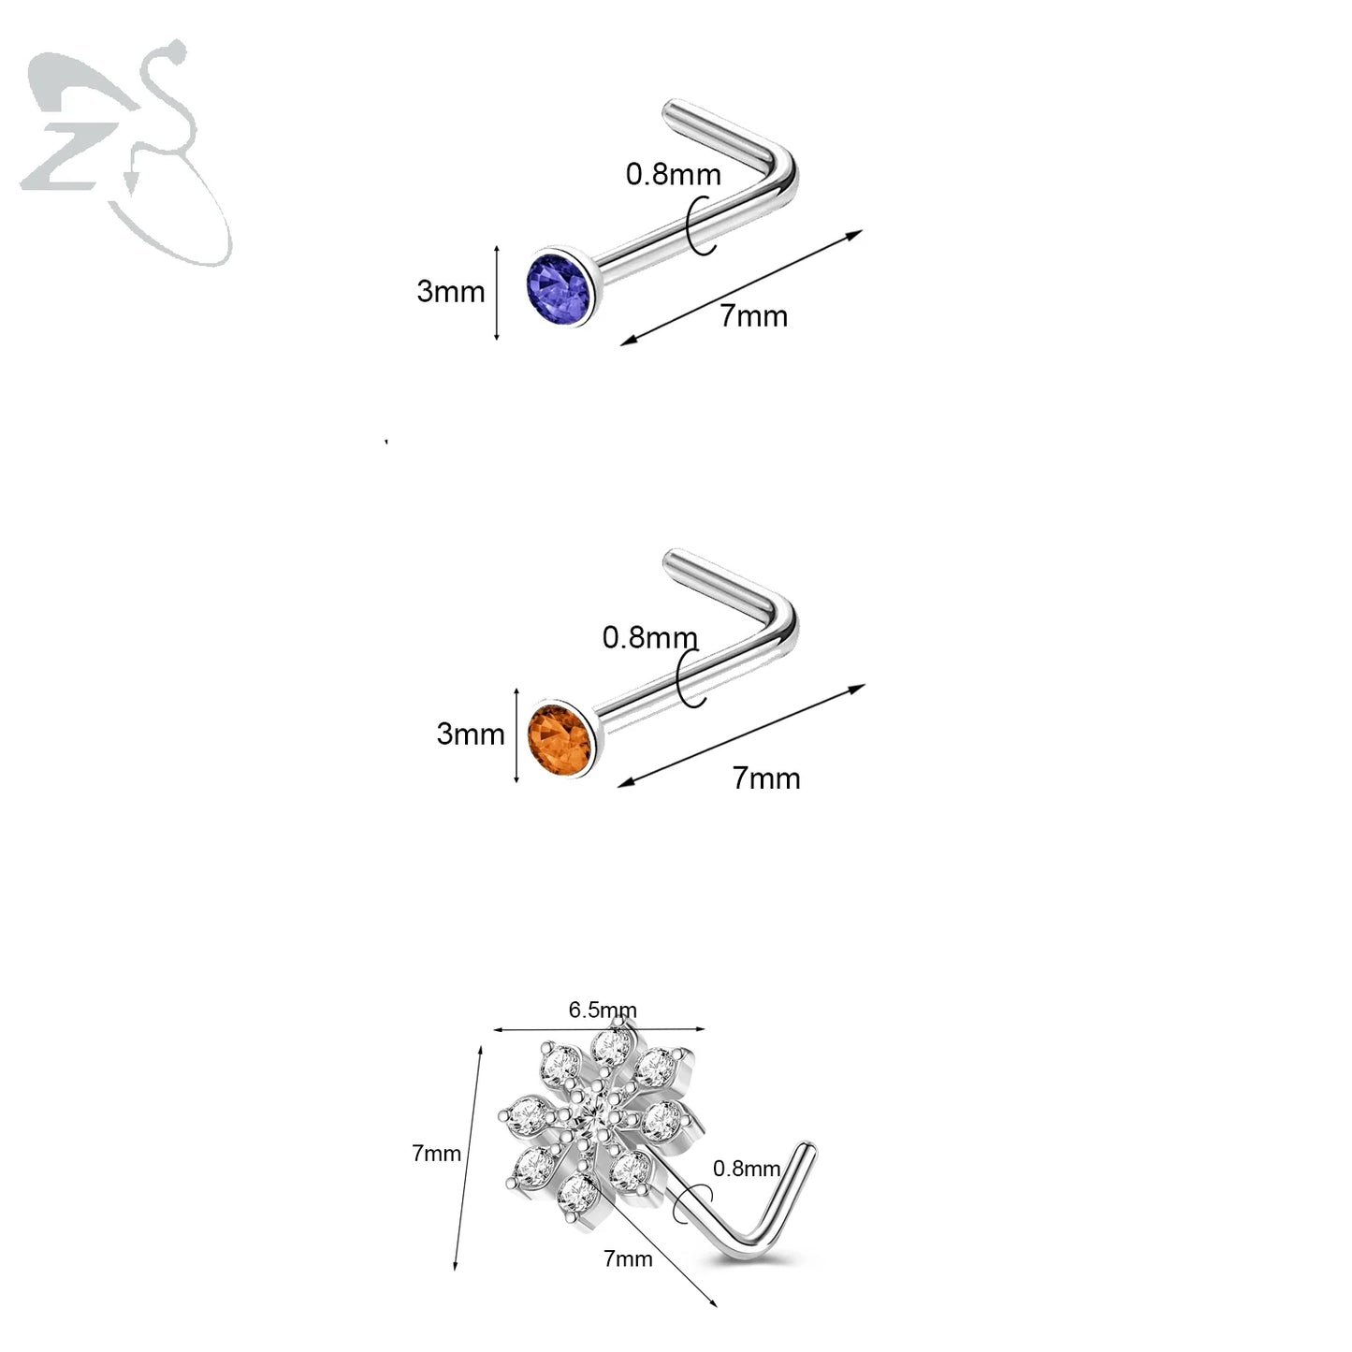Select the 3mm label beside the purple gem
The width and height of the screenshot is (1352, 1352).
click(450, 291)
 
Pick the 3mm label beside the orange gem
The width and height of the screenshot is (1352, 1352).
click(470, 734)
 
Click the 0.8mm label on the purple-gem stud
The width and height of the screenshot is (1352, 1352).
click(673, 174)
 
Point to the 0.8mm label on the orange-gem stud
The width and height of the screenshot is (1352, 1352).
click(649, 637)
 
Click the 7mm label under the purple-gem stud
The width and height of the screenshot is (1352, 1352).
click(753, 316)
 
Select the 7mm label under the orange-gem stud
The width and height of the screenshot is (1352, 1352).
click(766, 778)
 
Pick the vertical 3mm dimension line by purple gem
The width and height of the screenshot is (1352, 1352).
click(497, 293)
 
